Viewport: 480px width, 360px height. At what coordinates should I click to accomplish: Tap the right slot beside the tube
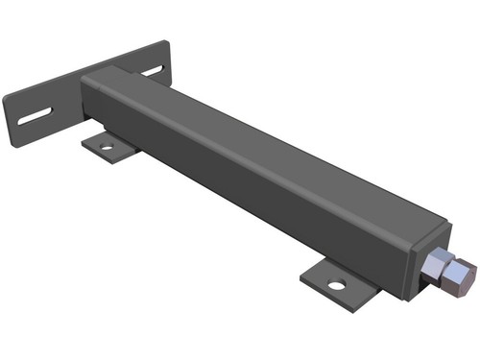pos(154,71)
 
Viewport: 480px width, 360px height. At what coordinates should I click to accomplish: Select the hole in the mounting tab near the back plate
pos(106,148)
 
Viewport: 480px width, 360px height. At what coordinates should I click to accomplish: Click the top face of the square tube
pos(269,144)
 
